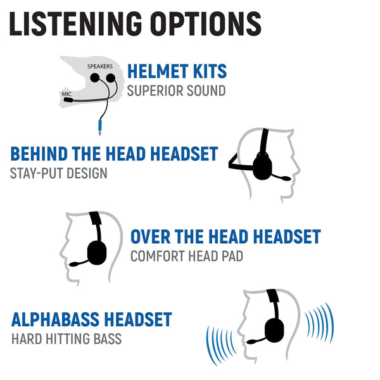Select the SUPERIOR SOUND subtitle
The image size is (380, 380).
pos(176,91)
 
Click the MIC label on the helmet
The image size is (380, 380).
pos(66,92)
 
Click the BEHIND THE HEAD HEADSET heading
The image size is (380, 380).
pos(114,154)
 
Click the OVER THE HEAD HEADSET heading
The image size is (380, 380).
pos(225,237)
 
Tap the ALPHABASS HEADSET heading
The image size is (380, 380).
pos(91,319)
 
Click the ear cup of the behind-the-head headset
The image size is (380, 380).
pos(263,166)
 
